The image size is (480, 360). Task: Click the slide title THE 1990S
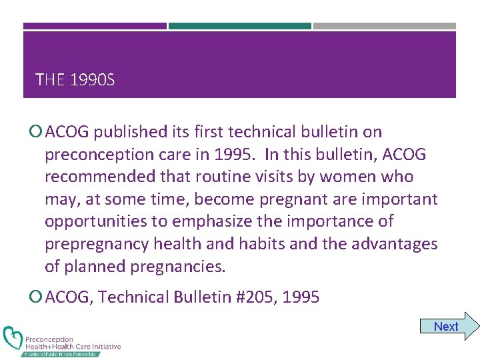(x=75, y=81)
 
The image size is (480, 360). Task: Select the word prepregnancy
(x=96, y=244)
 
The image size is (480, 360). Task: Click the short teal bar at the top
(x=239, y=26)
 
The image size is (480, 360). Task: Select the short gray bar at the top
(x=384, y=26)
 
